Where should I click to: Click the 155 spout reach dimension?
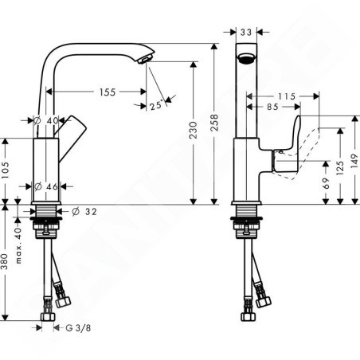pyautogui.click(x=108, y=92)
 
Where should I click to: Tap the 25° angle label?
pyautogui.click(x=156, y=105)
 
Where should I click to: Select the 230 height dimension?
pyautogui.click(x=194, y=130)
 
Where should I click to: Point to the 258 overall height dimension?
pyautogui.click(x=214, y=123)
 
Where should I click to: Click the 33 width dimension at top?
pyautogui.click(x=246, y=33)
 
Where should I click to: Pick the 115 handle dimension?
pyautogui.click(x=287, y=96)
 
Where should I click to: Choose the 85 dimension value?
pyautogui.click(x=272, y=107)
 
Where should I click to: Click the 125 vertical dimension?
pyautogui.click(x=340, y=167)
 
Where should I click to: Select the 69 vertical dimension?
pyautogui.click(x=326, y=183)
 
